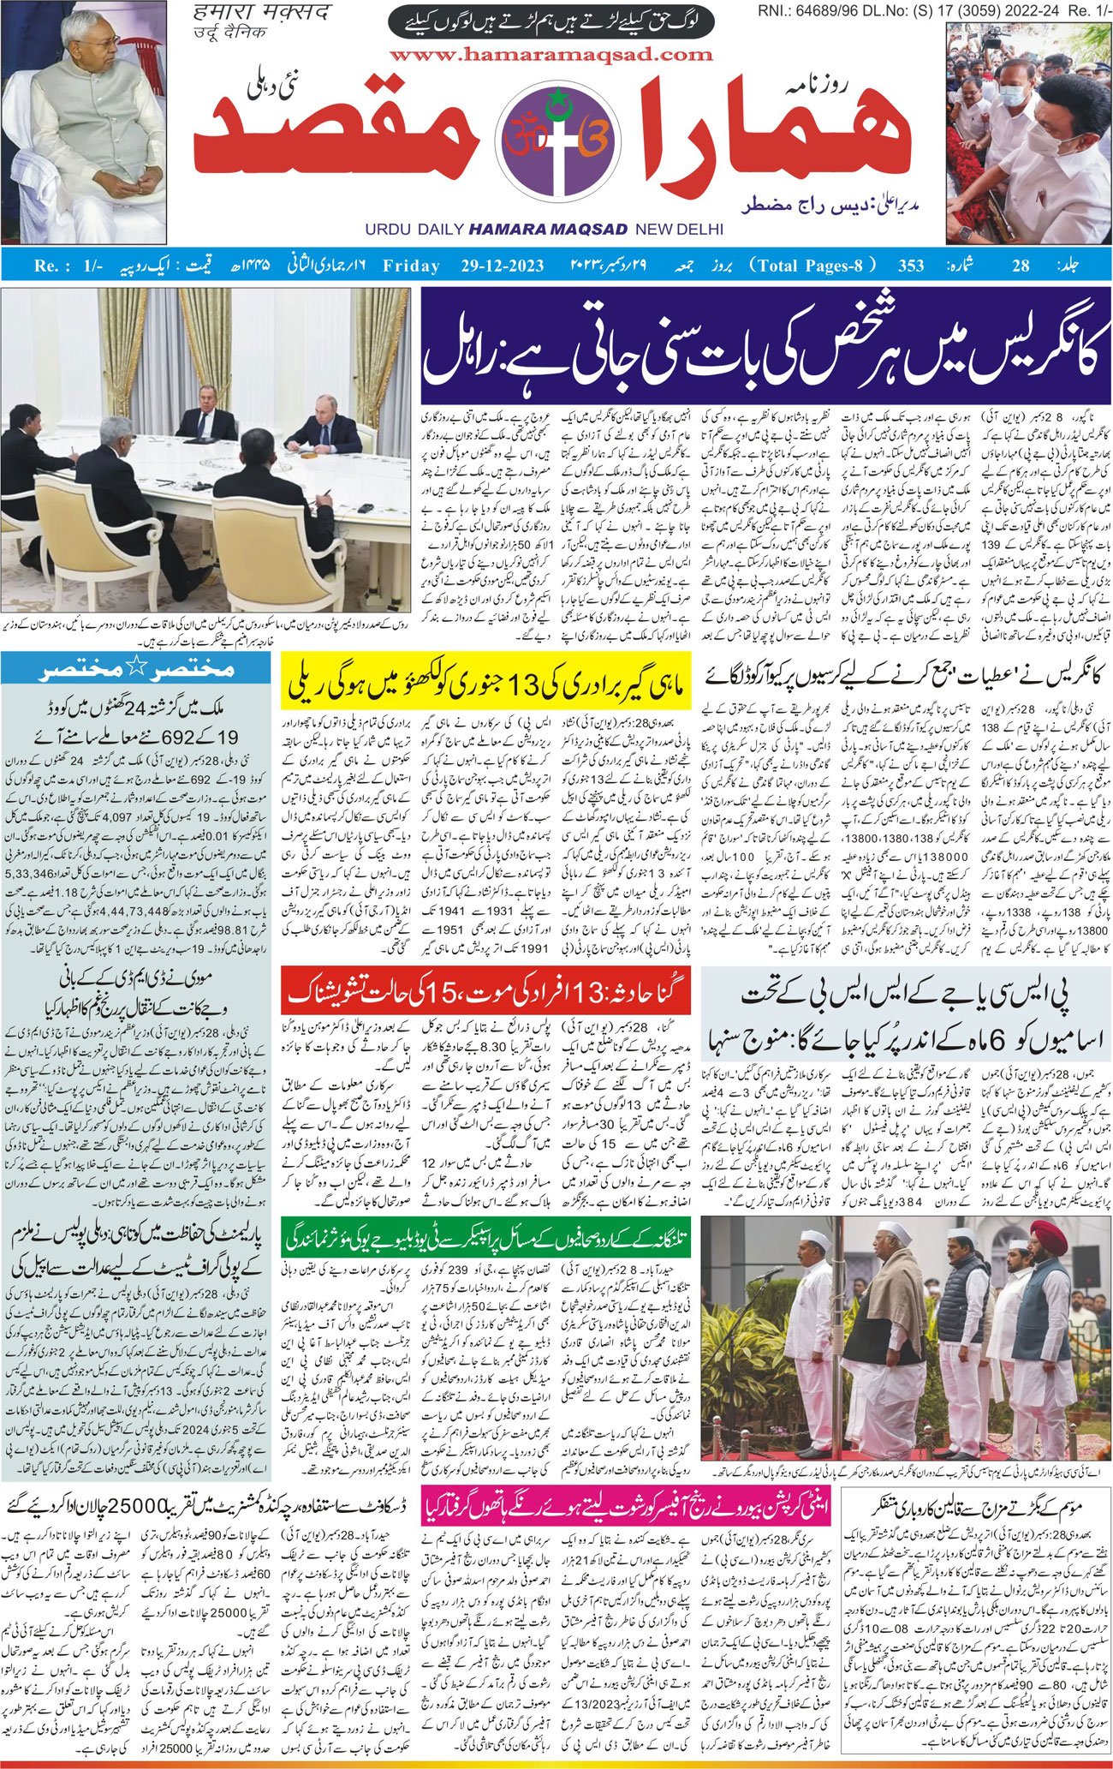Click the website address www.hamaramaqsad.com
551,55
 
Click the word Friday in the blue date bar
411,266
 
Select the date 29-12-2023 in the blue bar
496,266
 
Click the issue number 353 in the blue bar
910,266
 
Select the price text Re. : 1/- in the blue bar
68,266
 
